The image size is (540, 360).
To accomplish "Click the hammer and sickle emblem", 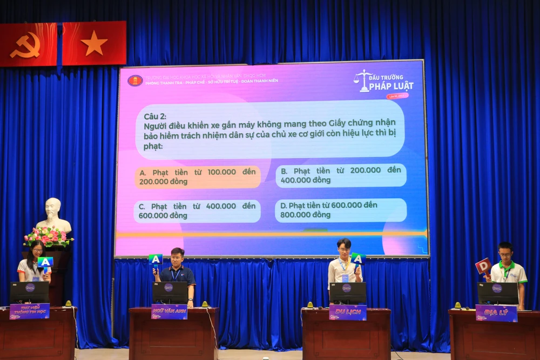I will click(25, 45).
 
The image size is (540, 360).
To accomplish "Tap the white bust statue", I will click(53, 214).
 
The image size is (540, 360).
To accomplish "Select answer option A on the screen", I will click(198, 176).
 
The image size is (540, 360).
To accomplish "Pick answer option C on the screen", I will click(197, 211).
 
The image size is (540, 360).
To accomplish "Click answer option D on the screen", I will click(340, 210).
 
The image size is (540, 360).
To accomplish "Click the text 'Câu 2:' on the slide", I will click(155, 117).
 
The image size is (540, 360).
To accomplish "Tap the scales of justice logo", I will click(364, 80).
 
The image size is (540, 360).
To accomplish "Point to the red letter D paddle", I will click(483, 267).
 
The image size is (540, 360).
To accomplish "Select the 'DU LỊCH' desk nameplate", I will click(348, 312).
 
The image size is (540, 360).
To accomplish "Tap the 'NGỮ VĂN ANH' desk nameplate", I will click(169, 311).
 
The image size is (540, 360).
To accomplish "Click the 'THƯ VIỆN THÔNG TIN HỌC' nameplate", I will click(30, 311).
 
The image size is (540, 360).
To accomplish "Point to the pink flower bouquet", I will click(48, 236).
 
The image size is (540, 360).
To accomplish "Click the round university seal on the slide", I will click(135, 80).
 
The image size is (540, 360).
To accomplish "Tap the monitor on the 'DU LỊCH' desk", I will click(348, 293).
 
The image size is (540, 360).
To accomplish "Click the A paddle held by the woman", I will click(45, 263).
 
